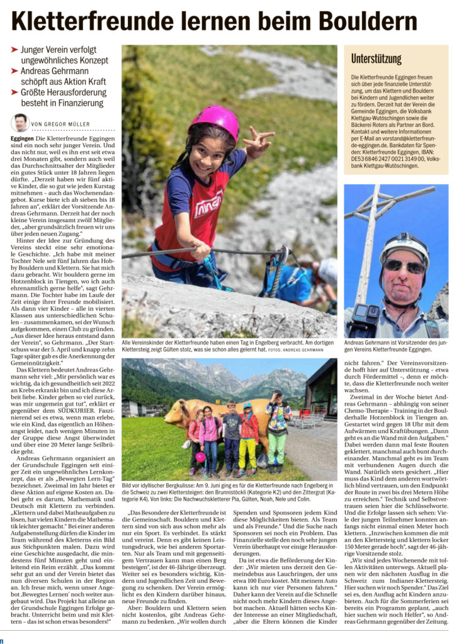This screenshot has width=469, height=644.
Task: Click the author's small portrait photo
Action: point(20,123)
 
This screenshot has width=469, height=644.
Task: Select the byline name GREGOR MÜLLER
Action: point(68,124)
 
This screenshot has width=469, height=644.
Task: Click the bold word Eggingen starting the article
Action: point(22,137)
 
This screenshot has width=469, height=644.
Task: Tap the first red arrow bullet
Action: point(14,48)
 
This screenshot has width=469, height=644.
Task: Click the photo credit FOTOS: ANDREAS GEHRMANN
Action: point(303,350)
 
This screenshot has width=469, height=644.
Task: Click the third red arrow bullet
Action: point(14,92)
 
